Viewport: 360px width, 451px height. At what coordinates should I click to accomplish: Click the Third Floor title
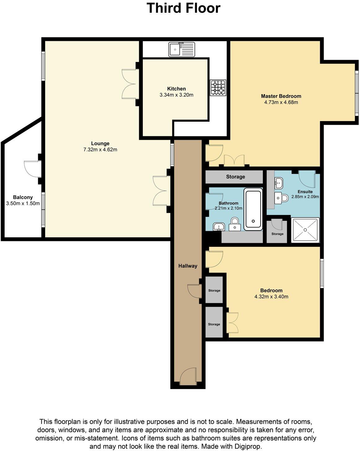pyautogui.click(x=183, y=8)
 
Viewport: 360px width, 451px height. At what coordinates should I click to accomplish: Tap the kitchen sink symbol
pyautogui.click(x=182, y=50)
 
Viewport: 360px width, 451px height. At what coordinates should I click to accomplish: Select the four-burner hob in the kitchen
pyautogui.click(x=218, y=88)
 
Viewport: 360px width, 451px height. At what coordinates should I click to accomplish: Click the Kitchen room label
pyautogui.click(x=176, y=89)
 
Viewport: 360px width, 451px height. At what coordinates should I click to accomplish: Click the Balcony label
pyautogui.click(x=23, y=197)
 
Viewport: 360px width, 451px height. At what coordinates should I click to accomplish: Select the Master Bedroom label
pyautogui.click(x=281, y=96)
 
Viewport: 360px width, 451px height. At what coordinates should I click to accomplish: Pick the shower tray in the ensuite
pyautogui.click(x=305, y=230)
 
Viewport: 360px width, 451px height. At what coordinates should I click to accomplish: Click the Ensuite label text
pyautogui.click(x=305, y=191)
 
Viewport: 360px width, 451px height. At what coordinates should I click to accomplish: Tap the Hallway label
pyautogui.click(x=188, y=266)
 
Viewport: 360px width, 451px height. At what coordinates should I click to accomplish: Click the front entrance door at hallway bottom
pyautogui.click(x=188, y=376)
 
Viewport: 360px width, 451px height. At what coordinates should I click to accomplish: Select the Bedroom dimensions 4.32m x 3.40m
pyautogui.click(x=271, y=297)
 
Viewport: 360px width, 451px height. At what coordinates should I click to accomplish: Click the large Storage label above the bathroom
pyautogui.click(x=235, y=177)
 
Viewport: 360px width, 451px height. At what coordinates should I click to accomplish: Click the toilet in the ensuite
pyautogui.click(x=282, y=197)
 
